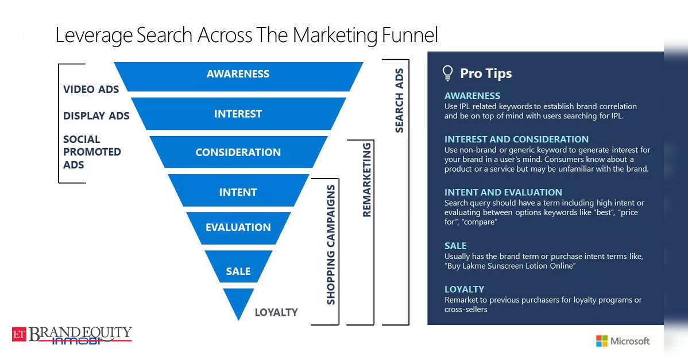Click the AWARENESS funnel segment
238,76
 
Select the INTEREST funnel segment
238,114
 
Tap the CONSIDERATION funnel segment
238,152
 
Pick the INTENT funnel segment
238,190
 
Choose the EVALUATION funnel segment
238,228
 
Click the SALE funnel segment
238,266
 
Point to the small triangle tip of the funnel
238,302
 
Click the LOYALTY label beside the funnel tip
276,312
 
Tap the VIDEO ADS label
91,90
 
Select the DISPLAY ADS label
96,116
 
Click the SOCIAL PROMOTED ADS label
92,152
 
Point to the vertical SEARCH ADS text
399,100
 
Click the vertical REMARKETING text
366,179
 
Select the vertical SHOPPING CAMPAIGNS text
330,245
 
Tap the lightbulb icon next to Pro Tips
447,73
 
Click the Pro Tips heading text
486,73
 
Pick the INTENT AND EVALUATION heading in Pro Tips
503,192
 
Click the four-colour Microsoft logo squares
601,340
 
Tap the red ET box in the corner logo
19,335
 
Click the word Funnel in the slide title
410,34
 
